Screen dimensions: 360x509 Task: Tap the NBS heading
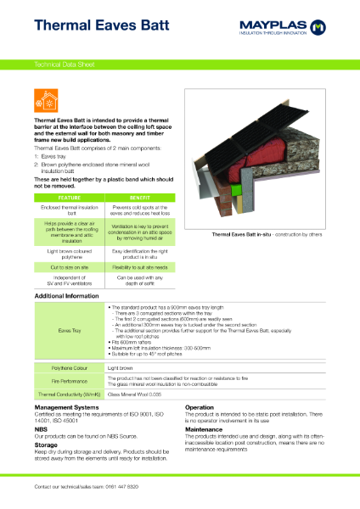pos(42,430)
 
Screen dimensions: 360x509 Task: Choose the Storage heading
pos(46,445)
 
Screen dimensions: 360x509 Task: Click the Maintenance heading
pos(207,430)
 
